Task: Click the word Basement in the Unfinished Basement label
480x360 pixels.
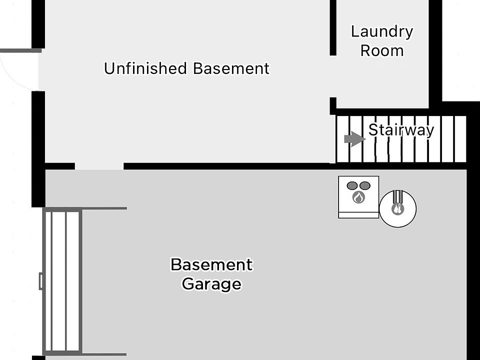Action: (231, 68)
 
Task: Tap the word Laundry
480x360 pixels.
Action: (382, 31)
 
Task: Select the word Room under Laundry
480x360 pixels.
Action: (382, 50)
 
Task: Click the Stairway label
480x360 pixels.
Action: (401, 130)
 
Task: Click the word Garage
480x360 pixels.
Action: (211, 284)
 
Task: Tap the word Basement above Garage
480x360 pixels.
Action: (211, 264)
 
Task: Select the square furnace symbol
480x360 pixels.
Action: (358, 197)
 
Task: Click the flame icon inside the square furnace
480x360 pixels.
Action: (358, 197)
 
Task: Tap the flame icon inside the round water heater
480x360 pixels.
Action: (397, 209)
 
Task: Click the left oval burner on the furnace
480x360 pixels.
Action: (352, 185)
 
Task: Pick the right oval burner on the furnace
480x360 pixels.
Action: (365, 185)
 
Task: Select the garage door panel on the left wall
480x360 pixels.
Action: (62, 281)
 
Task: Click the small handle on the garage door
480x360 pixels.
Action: (41, 281)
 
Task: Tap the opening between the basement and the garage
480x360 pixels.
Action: (99, 166)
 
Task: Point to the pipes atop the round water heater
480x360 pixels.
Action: (397, 196)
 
